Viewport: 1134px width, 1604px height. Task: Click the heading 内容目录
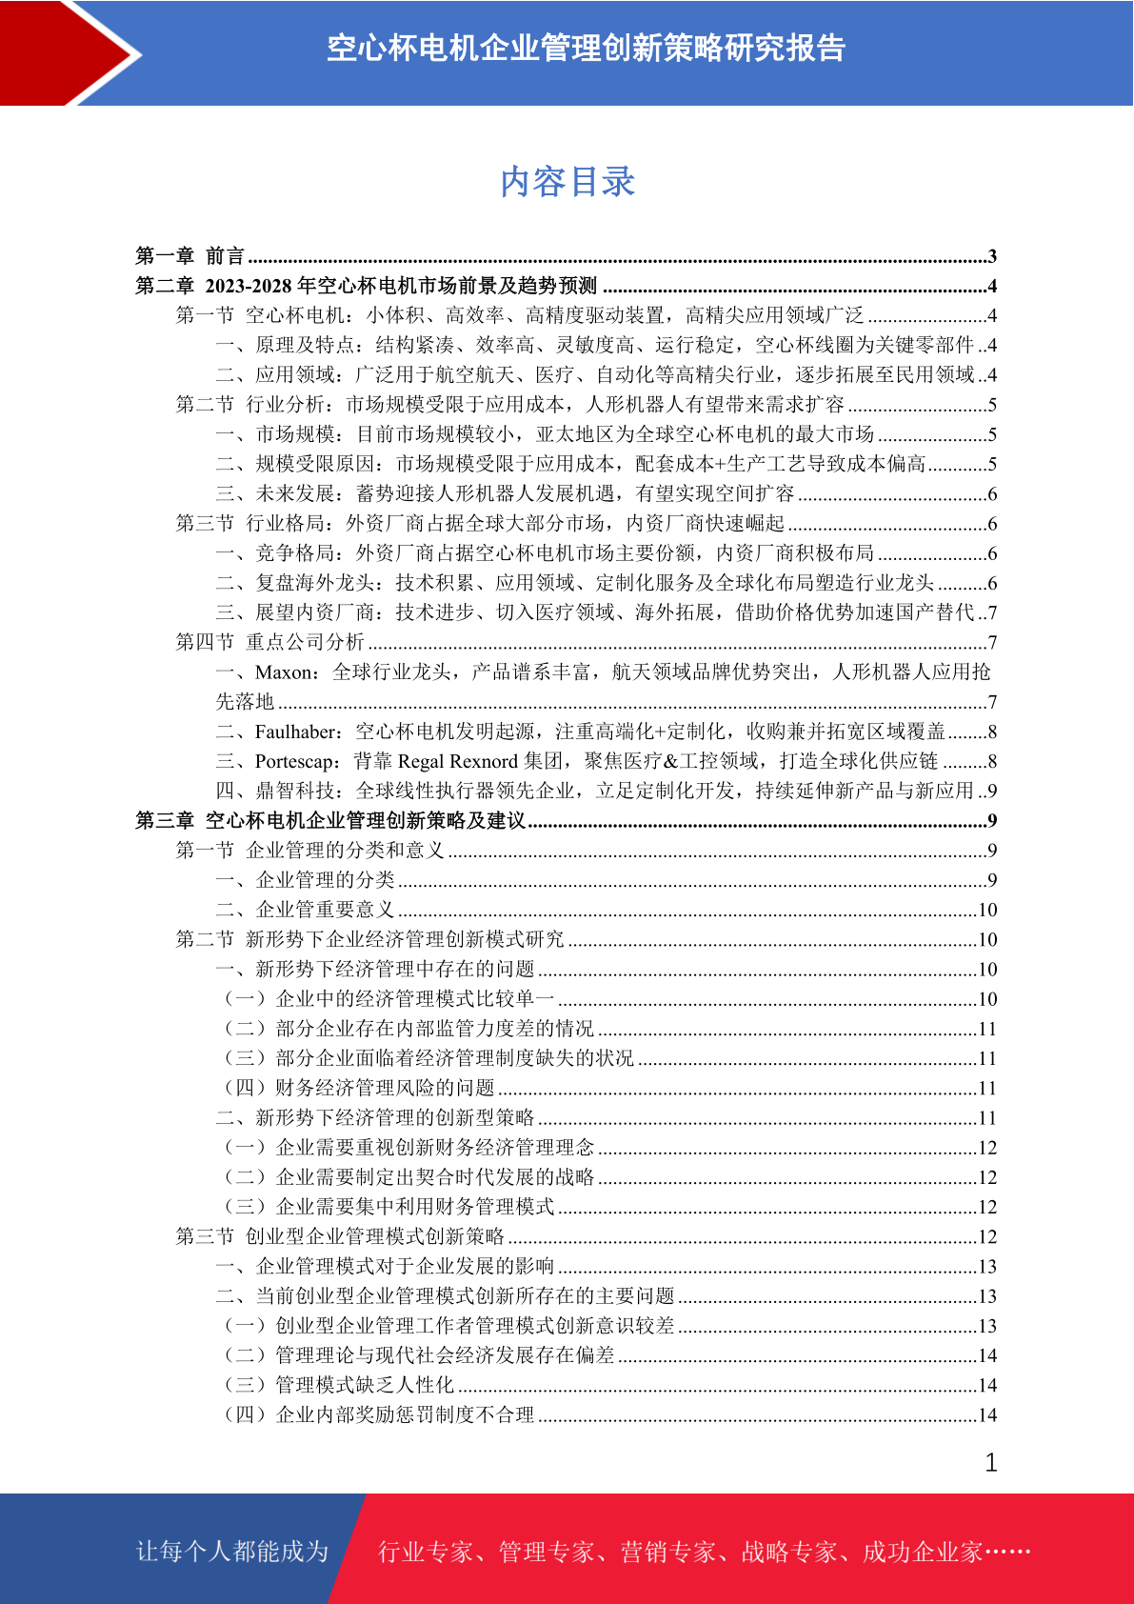(x=567, y=182)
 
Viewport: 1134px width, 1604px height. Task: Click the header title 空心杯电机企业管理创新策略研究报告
(x=586, y=49)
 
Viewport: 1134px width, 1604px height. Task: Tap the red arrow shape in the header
(x=67, y=52)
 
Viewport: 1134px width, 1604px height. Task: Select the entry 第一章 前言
(x=190, y=256)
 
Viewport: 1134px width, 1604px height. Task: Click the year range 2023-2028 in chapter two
(x=249, y=286)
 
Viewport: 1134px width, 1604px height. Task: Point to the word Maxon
(x=283, y=672)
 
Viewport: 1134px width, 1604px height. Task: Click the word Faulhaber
(x=296, y=732)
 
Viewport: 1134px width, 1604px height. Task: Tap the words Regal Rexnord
(x=457, y=761)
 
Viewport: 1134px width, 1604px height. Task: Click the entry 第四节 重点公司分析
(x=270, y=643)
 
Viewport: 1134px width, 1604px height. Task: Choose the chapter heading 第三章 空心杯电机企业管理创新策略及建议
(x=330, y=821)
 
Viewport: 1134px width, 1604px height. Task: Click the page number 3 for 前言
(x=992, y=256)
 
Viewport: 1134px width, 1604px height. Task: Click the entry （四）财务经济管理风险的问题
(x=360, y=1088)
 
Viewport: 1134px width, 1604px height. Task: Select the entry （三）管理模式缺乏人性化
(x=339, y=1385)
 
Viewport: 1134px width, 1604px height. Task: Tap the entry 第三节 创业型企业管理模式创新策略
(x=340, y=1236)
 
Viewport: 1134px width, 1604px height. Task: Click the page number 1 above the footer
(x=991, y=1463)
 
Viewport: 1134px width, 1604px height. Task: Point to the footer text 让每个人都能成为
(x=232, y=1552)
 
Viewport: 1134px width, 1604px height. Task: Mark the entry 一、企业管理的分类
(x=306, y=880)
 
